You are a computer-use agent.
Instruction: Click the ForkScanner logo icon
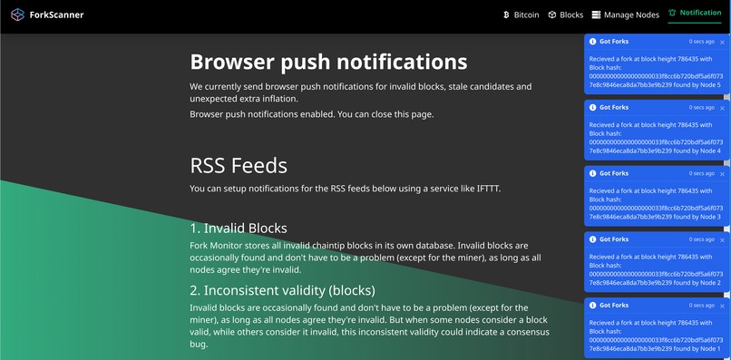(x=17, y=15)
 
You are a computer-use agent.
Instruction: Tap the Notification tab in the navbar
(x=700, y=14)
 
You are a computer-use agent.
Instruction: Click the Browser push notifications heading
(x=328, y=62)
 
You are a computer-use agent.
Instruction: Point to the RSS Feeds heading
(x=239, y=166)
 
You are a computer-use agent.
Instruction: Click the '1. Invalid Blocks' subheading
(x=239, y=228)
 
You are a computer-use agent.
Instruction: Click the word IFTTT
(x=483, y=189)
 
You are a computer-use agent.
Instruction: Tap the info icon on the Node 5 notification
(x=592, y=42)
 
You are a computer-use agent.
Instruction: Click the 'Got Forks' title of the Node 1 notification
(x=614, y=306)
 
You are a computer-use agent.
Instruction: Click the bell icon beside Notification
(x=671, y=14)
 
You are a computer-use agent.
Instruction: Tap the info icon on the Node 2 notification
(x=592, y=239)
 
